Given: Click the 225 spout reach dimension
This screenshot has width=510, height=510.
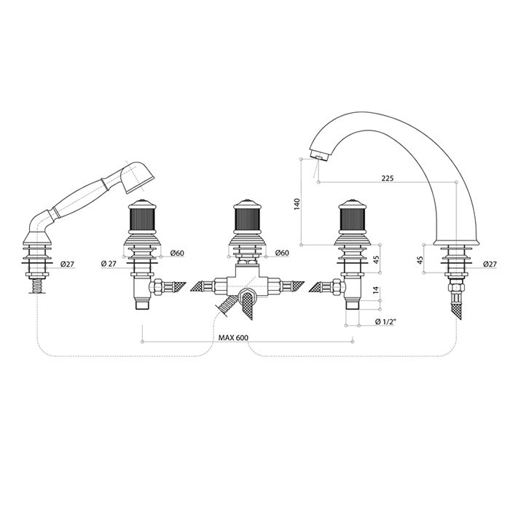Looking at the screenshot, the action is click(x=388, y=178).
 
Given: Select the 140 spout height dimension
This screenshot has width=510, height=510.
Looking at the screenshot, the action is click(x=297, y=204).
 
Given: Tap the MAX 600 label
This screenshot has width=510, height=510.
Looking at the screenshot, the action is click(x=233, y=337).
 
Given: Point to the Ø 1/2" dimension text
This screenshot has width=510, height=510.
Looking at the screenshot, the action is click(x=385, y=321).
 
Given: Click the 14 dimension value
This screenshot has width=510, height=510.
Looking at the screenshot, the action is click(x=375, y=290).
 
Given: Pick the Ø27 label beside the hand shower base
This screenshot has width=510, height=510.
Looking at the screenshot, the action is click(x=67, y=264).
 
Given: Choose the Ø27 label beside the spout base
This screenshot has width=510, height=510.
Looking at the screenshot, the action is click(x=490, y=264).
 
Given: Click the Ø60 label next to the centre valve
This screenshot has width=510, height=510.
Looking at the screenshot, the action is click(x=282, y=252).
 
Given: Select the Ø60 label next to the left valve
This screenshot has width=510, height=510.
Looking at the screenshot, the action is click(x=177, y=252).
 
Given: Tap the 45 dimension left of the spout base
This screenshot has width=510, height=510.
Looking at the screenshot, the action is click(x=420, y=260).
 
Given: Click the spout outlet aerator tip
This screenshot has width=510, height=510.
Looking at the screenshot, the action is click(x=318, y=156).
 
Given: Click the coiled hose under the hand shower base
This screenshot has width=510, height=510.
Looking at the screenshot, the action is click(x=36, y=286).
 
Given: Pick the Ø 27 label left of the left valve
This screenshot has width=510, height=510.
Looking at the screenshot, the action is click(x=109, y=264).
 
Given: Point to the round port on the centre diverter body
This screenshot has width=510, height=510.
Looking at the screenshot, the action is click(x=247, y=296).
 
